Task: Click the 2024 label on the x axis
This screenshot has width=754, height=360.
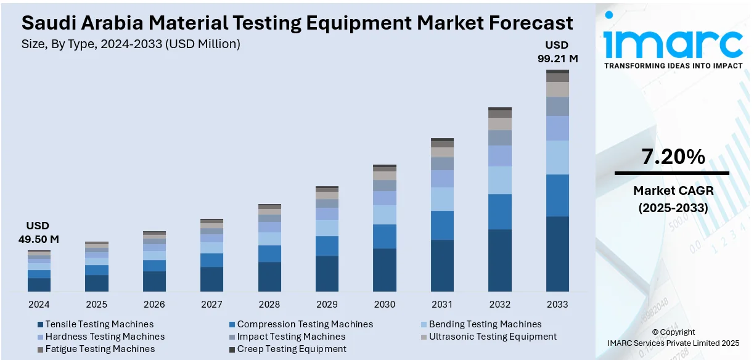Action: (39, 305)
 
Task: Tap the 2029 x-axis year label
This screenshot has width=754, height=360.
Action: (327, 305)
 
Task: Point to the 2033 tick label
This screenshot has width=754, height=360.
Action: (557, 305)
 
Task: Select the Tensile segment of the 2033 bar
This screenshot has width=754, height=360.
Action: (557, 253)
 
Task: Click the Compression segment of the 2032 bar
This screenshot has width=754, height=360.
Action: (500, 211)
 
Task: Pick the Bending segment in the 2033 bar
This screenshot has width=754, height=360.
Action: (557, 157)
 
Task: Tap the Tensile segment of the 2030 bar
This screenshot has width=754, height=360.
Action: (385, 269)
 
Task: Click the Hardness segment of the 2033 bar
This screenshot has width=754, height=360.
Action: (557, 128)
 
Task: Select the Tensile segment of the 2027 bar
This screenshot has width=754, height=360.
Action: (211, 279)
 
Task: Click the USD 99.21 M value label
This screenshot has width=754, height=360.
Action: (557, 52)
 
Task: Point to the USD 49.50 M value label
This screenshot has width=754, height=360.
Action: (38, 232)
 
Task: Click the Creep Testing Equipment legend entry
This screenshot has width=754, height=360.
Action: (292, 349)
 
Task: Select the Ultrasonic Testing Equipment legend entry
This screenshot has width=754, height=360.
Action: (493, 337)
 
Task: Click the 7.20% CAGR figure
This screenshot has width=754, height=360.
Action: (673, 157)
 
